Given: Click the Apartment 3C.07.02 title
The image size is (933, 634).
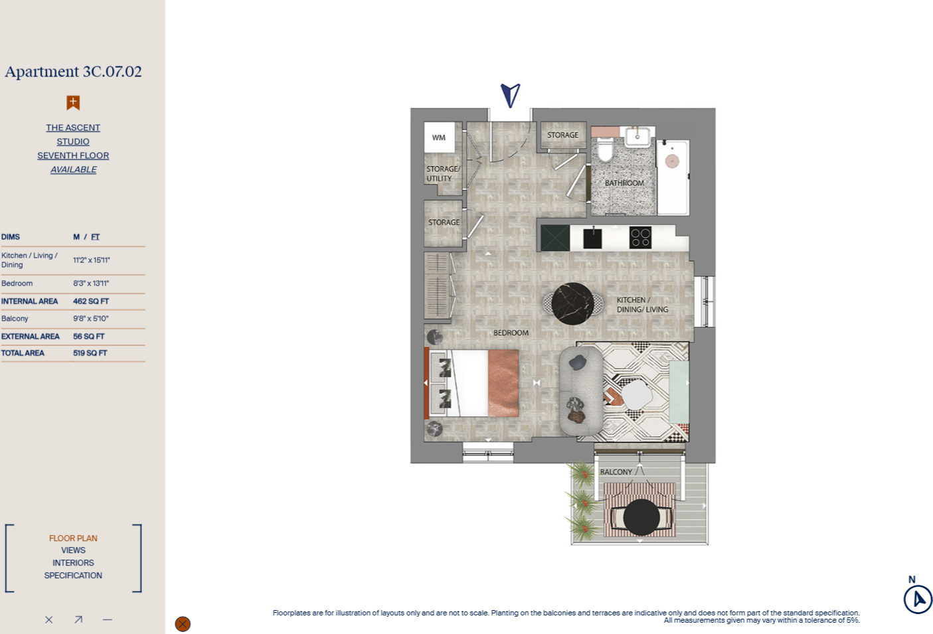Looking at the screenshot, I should (x=73, y=72).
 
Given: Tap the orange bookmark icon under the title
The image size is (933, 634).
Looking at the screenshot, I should (x=73, y=102).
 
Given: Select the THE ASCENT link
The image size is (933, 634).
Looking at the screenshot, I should (x=73, y=127).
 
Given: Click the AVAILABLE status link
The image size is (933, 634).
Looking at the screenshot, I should (x=73, y=170).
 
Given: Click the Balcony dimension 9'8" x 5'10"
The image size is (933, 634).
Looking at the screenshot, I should (x=91, y=319).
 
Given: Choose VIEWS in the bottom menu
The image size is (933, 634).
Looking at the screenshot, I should (x=73, y=550).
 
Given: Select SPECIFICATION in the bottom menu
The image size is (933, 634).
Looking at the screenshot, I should (x=73, y=576).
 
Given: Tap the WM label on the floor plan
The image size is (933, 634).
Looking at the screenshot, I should (x=439, y=137).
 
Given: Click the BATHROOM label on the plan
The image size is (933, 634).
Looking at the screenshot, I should (x=624, y=183).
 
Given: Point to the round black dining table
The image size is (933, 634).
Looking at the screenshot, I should (x=572, y=303).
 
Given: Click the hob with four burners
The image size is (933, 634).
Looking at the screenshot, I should (x=640, y=237).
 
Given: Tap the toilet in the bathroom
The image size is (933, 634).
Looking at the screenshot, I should (x=605, y=150).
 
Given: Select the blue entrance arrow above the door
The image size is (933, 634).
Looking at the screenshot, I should (x=510, y=95).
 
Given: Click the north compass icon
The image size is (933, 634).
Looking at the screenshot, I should (x=918, y=599).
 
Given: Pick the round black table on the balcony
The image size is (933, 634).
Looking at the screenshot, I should (x=641, y=517).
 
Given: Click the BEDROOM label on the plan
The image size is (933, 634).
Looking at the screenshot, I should (x=511, y=333).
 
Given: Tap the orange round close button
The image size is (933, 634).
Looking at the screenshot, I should (x=183, y=624).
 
